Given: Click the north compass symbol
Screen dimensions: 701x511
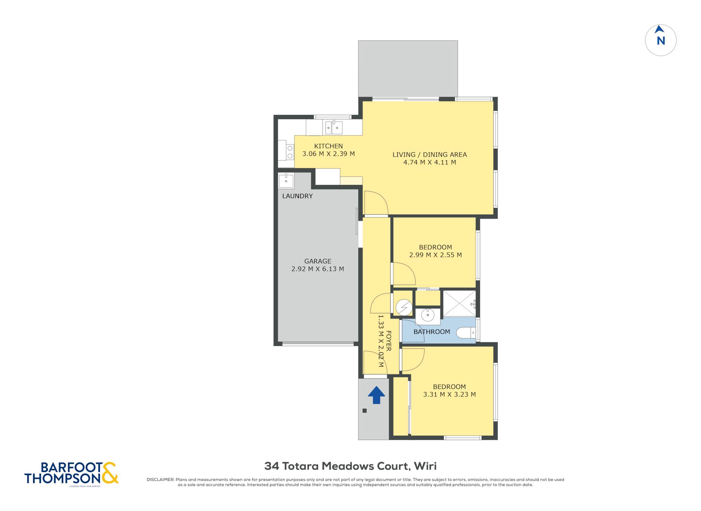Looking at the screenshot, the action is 661,40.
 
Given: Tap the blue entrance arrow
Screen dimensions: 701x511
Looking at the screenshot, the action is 377,395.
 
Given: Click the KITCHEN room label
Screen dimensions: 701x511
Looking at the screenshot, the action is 328,146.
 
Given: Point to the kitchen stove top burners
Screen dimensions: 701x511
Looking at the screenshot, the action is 290,152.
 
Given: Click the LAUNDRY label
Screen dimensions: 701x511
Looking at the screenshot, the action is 297,196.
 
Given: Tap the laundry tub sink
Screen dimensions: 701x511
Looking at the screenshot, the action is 286,180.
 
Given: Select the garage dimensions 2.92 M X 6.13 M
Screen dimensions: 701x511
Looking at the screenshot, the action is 318,269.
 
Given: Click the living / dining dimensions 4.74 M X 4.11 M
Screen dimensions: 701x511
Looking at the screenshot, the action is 430,162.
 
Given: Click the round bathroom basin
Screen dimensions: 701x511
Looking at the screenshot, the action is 428,315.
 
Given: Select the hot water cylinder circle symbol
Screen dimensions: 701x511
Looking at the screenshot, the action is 404,307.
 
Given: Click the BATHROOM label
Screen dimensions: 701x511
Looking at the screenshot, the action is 432,332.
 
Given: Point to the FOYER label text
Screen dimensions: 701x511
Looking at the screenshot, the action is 388,341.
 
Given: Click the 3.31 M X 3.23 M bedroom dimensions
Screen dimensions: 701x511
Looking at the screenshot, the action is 449,394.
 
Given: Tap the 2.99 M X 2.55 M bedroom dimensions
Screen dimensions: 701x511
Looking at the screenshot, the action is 435,255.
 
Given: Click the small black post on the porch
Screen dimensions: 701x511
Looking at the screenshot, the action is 365,411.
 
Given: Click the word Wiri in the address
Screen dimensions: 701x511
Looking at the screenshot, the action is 425,466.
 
